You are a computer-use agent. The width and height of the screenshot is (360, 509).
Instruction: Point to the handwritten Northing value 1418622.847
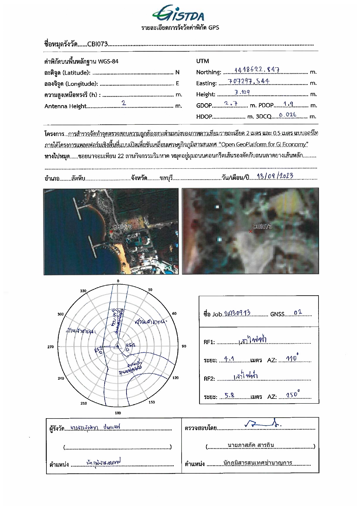point(257,70)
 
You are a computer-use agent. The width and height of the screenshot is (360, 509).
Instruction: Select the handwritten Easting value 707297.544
point(249,81)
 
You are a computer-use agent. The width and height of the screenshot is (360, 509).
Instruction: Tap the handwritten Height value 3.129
point(242,93)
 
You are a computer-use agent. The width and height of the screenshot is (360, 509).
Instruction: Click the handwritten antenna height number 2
point(124,103)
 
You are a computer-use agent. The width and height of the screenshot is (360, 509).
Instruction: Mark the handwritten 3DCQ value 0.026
point(287,115)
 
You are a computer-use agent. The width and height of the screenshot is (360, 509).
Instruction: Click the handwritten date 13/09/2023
point(275,176)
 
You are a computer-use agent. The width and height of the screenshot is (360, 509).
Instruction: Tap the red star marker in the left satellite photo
point(111,231)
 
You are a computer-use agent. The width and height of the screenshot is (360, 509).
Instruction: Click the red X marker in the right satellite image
point(251,231)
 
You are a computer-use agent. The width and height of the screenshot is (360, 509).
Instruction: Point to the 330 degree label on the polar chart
point(83,291)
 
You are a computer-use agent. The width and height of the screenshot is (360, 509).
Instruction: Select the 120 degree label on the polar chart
point(176,378)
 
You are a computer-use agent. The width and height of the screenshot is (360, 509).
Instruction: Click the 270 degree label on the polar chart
point(50,347)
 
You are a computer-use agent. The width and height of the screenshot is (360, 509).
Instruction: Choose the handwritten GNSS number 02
point(298,313)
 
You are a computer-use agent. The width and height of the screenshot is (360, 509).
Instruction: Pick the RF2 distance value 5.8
point(229,395)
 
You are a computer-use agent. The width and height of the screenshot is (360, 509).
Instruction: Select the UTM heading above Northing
point(202,61)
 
